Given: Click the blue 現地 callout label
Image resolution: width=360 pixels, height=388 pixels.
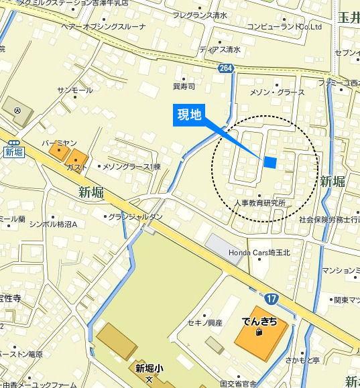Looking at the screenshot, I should click(x=188, y=115).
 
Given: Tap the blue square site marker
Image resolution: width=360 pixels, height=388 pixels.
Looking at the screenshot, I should click(x=270, y=161).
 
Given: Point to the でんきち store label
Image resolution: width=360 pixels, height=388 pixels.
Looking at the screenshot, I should click(x=259, y=321).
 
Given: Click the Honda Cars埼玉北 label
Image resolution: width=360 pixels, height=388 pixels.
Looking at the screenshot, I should click(x=258, y=252).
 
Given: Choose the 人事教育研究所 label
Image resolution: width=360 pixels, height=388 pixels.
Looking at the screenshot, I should click(x=260, y=202).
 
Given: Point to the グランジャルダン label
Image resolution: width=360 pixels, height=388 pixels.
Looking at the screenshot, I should click(x=137, y=216).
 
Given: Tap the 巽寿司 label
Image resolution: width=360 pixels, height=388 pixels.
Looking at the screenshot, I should click(x=184, y=86).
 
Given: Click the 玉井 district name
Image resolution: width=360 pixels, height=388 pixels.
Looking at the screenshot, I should click(x=347, y=36).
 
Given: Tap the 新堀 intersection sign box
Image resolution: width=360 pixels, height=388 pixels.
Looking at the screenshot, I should click(x=13, y=151).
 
